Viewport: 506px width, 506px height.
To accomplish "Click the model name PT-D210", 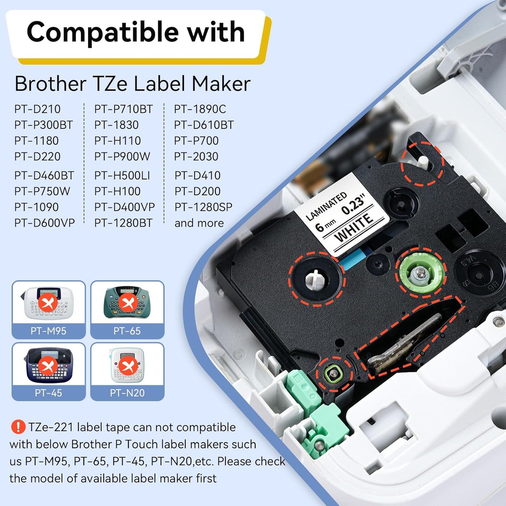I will (x=37, y=109).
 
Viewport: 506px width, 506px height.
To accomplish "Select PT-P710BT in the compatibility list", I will (x=123, y=109).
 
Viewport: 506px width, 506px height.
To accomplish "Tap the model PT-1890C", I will (x=200, y=109).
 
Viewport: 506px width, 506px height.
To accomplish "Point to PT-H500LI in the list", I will (x=122, y=175).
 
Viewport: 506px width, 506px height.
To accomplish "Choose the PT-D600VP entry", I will (x=44, y=223).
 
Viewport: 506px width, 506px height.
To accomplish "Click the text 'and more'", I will (x=199, y=223).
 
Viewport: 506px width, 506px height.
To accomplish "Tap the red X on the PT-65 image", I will (x=127, y=302).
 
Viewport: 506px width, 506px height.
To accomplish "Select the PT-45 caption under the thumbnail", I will (x=48, y=393).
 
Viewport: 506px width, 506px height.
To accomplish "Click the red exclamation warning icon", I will (x=18, y=427).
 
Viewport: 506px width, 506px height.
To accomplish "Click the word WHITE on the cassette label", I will (x=354, y=228).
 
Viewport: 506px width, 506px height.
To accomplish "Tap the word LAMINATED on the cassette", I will (x=326, y=206).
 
